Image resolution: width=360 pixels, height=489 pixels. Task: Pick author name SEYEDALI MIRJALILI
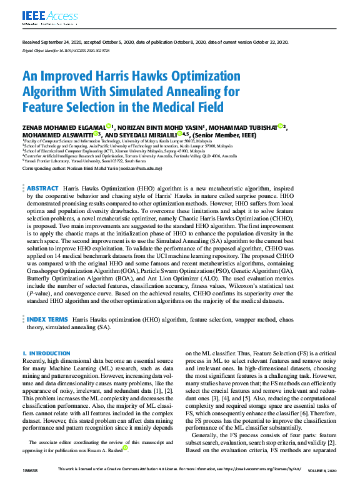pos(146,134)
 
